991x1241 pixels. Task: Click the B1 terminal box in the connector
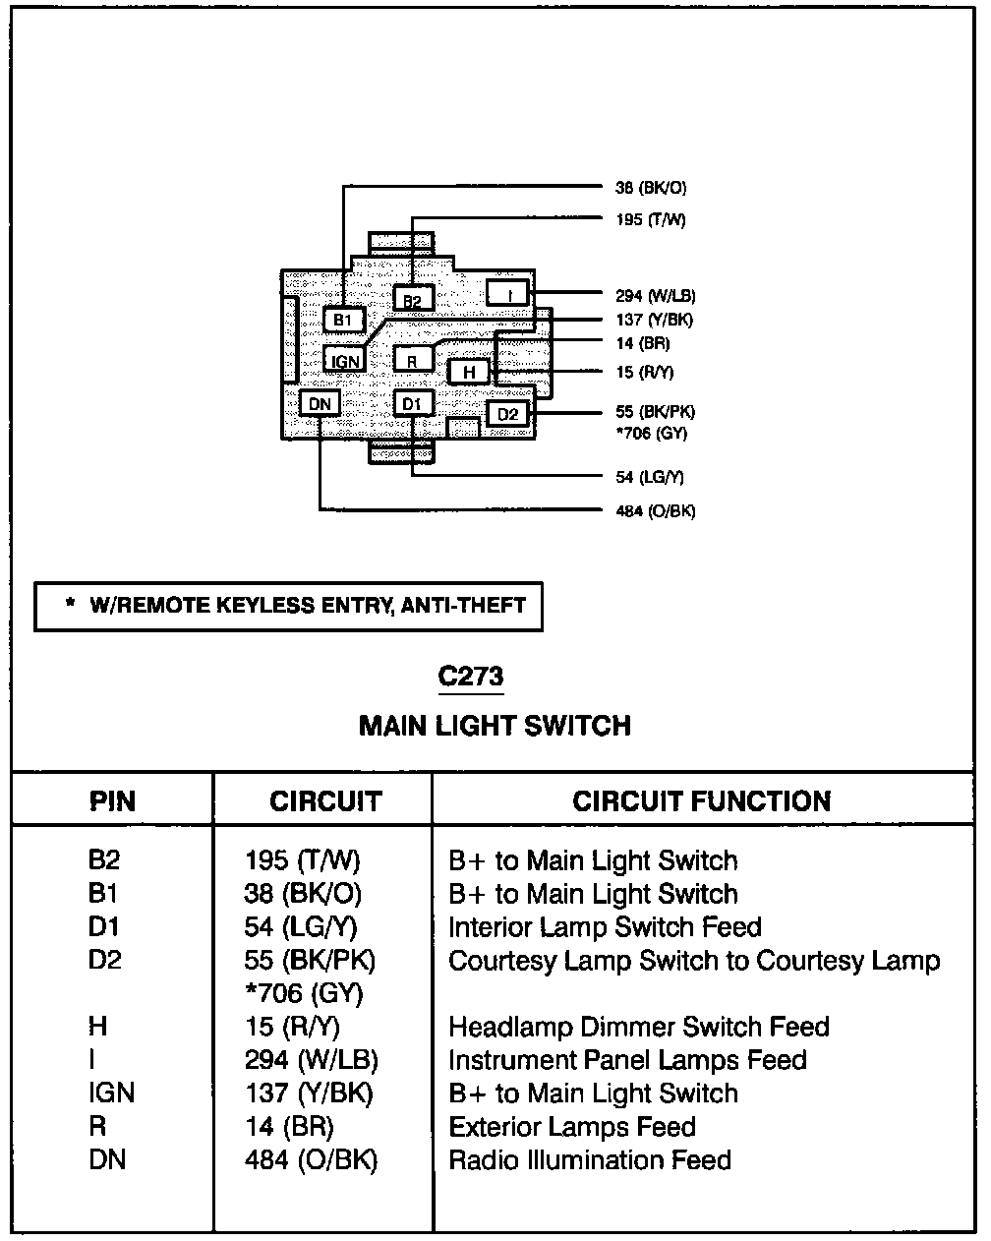coord(343,319)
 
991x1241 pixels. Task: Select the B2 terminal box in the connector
coord(413,299)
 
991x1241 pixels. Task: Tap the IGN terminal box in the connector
coord(344,361)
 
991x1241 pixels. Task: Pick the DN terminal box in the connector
coord(320,403)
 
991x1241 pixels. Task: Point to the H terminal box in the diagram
coord(469,372)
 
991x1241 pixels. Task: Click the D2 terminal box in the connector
coord(507,413)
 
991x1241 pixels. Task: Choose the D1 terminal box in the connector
coord(413,403)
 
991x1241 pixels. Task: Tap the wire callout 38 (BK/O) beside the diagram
coord(651,188)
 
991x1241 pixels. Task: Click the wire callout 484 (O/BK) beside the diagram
coord(656,511)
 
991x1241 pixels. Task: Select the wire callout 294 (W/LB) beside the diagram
coord(656,296)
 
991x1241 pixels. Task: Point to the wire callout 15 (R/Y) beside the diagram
coord(645,372)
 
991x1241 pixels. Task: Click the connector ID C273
coord(470,676)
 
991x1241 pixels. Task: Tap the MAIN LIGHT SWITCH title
coord(495,726)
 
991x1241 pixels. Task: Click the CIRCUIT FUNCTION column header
coord(702,801)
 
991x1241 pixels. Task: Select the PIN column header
coord(112,801)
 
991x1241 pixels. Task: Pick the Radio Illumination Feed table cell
coord(590,1159)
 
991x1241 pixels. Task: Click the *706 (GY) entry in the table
coord(304,993)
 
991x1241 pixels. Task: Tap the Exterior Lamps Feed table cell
coord(572,1126)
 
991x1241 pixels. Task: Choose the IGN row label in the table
coord(111,1093)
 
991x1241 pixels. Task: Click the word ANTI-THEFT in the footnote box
coord(463,605)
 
